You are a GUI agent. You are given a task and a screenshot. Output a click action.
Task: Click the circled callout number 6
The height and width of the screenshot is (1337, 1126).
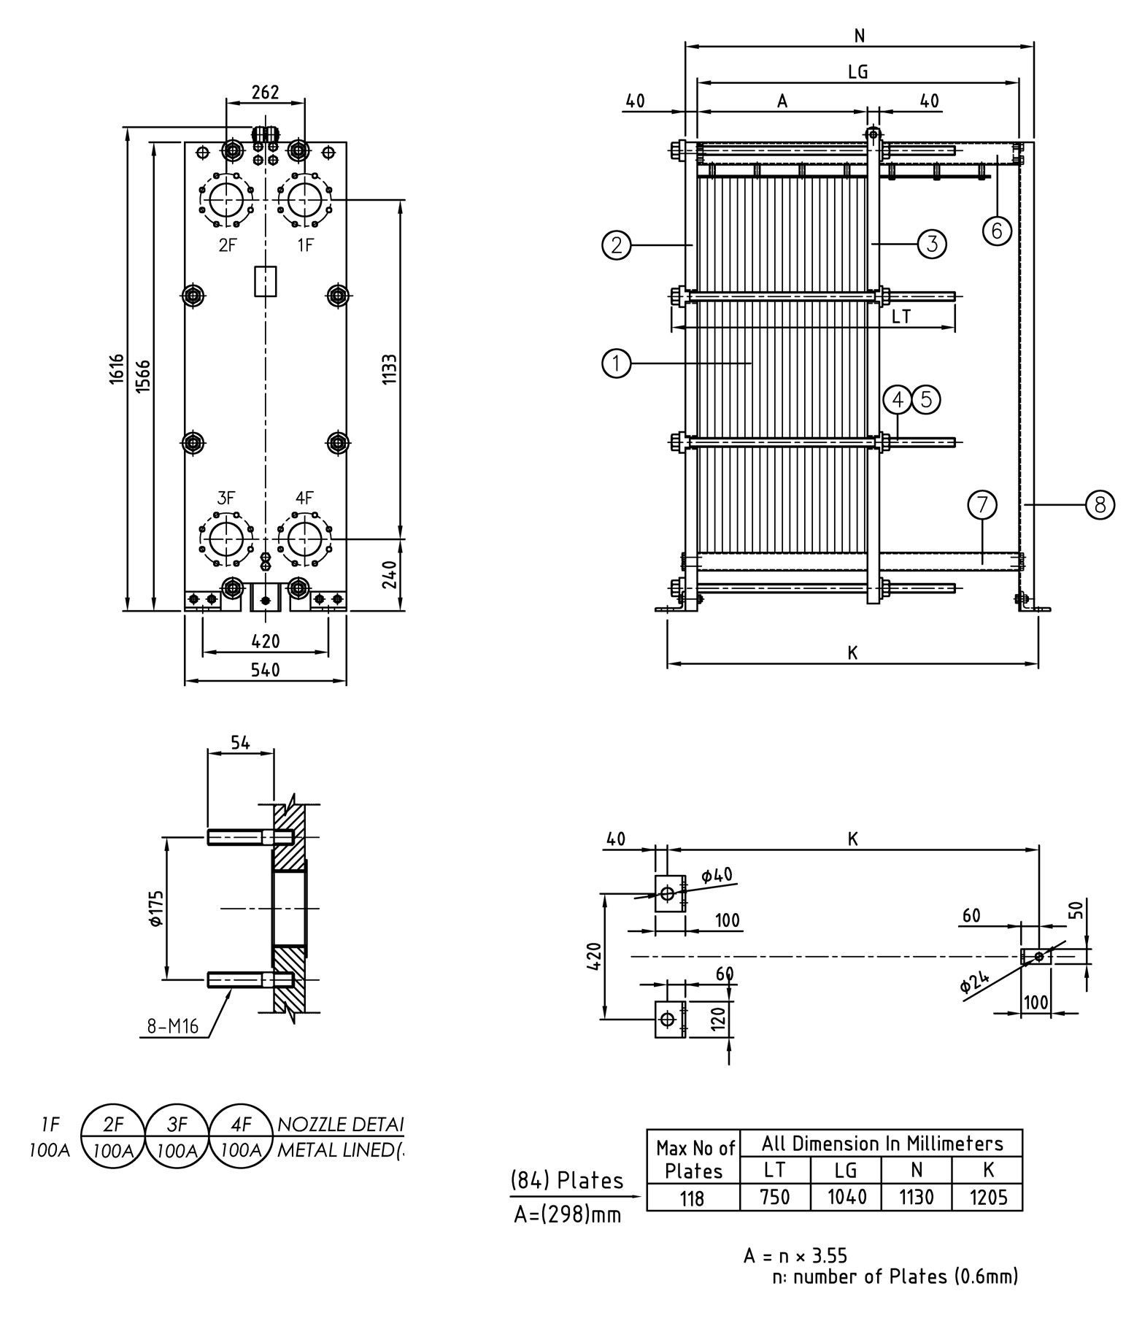pyautogui.click(x=996, y=230)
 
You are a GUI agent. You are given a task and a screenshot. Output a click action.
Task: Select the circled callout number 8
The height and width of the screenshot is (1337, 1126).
pyautogui.click(x=1100, y=504)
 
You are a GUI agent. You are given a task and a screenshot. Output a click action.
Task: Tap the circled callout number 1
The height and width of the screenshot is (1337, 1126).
pyautogui.click(x=617, y=363)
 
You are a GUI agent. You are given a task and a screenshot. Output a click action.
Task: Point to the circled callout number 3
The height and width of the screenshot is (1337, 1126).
pyautogui.click(x=932, y=243)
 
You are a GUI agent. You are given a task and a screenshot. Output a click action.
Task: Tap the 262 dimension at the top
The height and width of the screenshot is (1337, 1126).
pyautogui.click(x=265, y=92)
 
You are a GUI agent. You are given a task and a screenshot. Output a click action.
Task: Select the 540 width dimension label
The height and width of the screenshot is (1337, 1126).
pyautogui.click(x=265, y=669)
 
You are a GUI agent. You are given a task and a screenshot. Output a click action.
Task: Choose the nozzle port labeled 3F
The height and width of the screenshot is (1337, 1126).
pyautogui.click(x=226, y=539)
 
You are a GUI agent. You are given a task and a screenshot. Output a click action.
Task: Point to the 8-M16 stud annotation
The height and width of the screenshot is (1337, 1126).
pyautogui.click(x=172, y=1027)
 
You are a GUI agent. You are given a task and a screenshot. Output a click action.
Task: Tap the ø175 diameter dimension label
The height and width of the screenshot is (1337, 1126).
pyautogui.click(x=155, y=909)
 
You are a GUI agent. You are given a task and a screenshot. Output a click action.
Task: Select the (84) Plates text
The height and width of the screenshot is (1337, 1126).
pyautogui.click(x=567, y=1180)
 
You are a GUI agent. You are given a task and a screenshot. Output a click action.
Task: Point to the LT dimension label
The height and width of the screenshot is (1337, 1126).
pyautogui.click(x=902, y=317)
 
